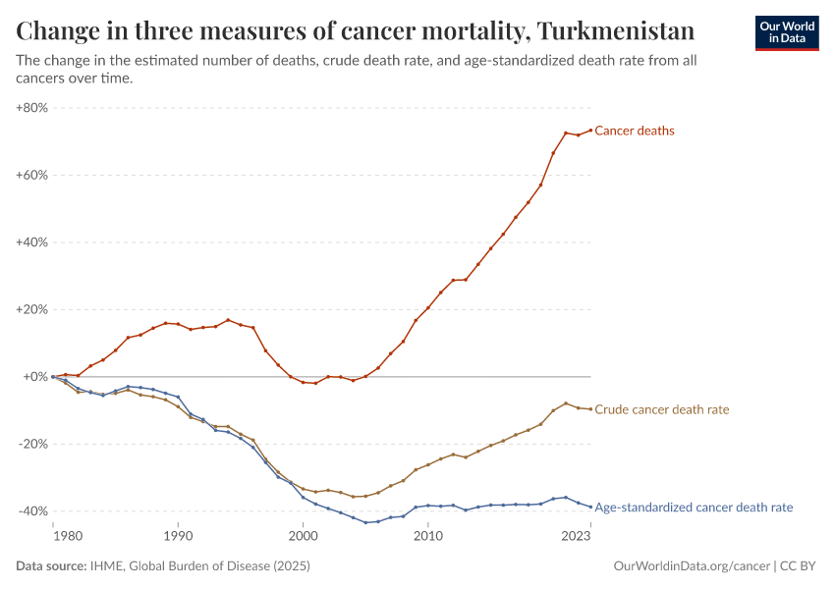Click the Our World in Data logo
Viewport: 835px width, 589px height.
click(786, 32)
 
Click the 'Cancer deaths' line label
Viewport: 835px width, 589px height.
click(635, 131)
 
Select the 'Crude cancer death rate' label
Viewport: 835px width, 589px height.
click(662, 409)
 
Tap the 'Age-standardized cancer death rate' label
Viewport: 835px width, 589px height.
click(694, 508)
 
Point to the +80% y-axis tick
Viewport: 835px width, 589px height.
click(32, 108)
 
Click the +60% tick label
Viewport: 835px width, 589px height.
click(32, 175)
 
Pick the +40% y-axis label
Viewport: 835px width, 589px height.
click(32, 242)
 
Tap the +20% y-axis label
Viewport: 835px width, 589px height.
click(32, 309)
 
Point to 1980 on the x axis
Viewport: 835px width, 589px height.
click(67, 536)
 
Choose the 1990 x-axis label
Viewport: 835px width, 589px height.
click(178, 536)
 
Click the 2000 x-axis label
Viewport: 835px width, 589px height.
click(303, 536)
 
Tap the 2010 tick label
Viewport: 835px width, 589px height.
click(427, 536)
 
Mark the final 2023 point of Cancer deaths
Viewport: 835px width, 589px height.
click(590, 130)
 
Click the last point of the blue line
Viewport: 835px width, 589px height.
click(590, 507)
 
